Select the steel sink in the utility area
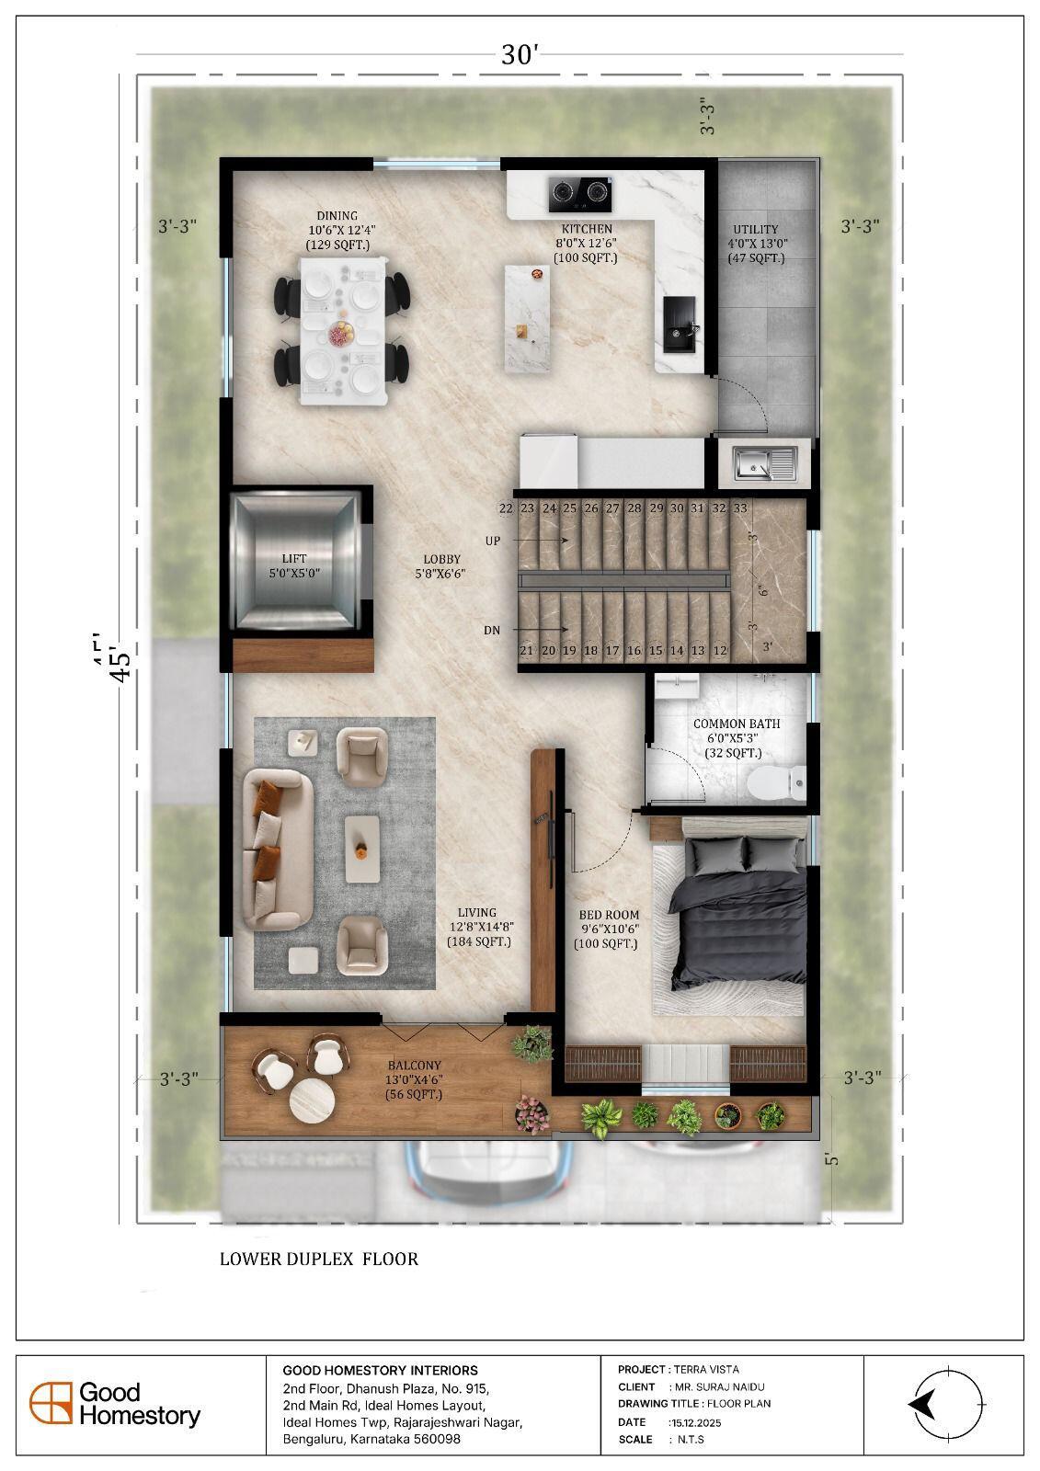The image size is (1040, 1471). coord(765,463)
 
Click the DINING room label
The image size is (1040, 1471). coord(337,215)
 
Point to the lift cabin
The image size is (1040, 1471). coord(294,563)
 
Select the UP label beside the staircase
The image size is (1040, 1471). coord(493,541)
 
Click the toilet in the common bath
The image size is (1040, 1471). coord(776,782)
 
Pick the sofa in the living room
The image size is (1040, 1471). coord(278,850)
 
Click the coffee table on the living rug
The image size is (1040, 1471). coord(362,850)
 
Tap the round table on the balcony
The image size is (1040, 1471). coord(312,1100)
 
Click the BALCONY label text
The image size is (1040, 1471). coord(414,1066)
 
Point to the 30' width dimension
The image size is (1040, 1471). coord(520,54)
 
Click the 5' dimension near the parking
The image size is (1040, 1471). coord(832,1159)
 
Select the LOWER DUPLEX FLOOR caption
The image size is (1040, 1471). coord(319,1259)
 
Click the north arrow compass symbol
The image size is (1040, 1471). coord(947,1405)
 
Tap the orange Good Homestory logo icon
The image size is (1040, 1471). coord(51,1403)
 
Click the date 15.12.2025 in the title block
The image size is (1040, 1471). coord(694,1422)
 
